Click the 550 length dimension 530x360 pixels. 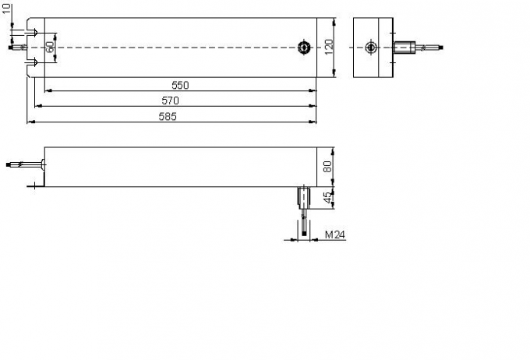point(180,84)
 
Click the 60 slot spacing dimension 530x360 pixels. point(49,48)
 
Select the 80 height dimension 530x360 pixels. point(327,165)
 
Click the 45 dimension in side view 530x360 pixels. point(327,197)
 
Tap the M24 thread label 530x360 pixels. point(334,234)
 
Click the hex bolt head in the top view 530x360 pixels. point(302,48)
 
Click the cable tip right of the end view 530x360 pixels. point(442,48)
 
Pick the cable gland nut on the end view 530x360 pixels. point(405,48)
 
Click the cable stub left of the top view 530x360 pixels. point(16,48)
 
